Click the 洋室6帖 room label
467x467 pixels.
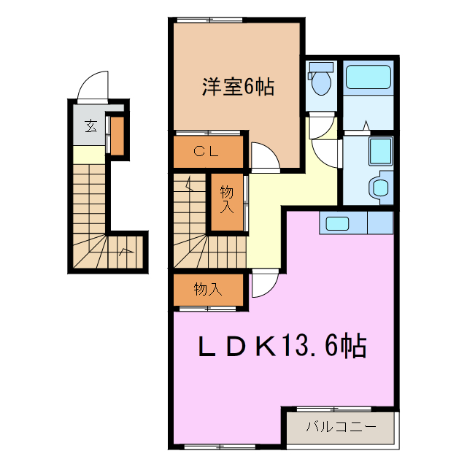238,87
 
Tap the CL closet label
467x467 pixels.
207,152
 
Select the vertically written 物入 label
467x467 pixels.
227,198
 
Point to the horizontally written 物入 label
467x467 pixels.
207,290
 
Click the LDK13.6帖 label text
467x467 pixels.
283,345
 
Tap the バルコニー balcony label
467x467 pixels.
340,426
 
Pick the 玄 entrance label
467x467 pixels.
90,126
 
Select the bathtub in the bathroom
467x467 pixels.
368,78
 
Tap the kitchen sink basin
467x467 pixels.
337,223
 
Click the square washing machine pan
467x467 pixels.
380,151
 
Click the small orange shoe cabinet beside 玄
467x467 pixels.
116,136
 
